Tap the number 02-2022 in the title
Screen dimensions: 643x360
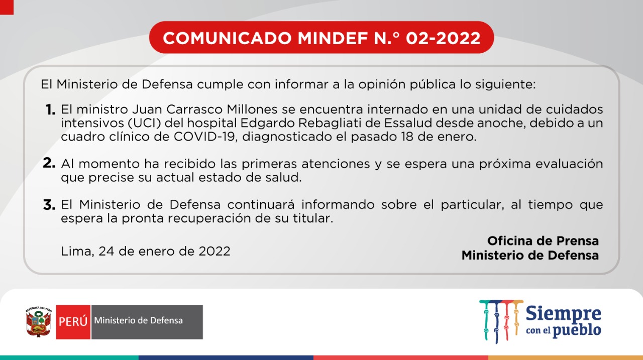[443, 38]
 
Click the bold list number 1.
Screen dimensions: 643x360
[50, 109]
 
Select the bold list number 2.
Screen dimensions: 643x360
[49, 163]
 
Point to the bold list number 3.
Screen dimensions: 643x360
[49, 205]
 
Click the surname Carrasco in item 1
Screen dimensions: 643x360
[194, 109]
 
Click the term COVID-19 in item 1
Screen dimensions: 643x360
[204, 137]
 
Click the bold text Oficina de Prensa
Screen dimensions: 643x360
[543, 241]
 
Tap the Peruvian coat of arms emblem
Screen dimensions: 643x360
[39, 322]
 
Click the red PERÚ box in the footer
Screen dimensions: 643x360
[73, 322]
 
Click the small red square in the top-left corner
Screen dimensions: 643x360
[7, 7]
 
